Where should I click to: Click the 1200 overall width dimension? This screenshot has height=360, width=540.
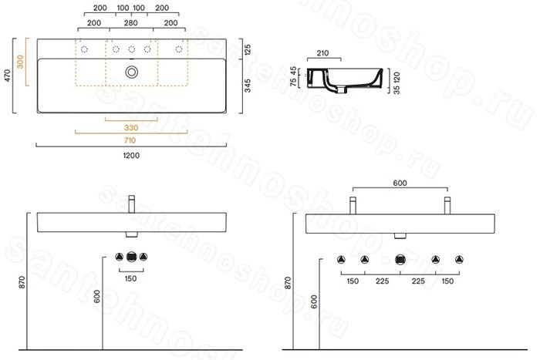point(131,155)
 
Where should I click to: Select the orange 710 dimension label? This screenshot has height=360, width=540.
point(130,140)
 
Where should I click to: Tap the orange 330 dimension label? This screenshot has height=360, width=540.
point(131,128)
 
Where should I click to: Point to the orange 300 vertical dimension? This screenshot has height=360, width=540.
point(20,62)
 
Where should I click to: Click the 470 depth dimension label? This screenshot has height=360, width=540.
point(7,76)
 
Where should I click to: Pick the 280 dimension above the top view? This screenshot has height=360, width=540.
point(131,23)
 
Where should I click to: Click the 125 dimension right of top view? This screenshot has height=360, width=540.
point(248,49)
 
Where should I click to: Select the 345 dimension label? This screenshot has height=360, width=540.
point(248,86)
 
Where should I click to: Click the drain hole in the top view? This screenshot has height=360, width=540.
point(132,72)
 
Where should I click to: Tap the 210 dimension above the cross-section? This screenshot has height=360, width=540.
point(322,53)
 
